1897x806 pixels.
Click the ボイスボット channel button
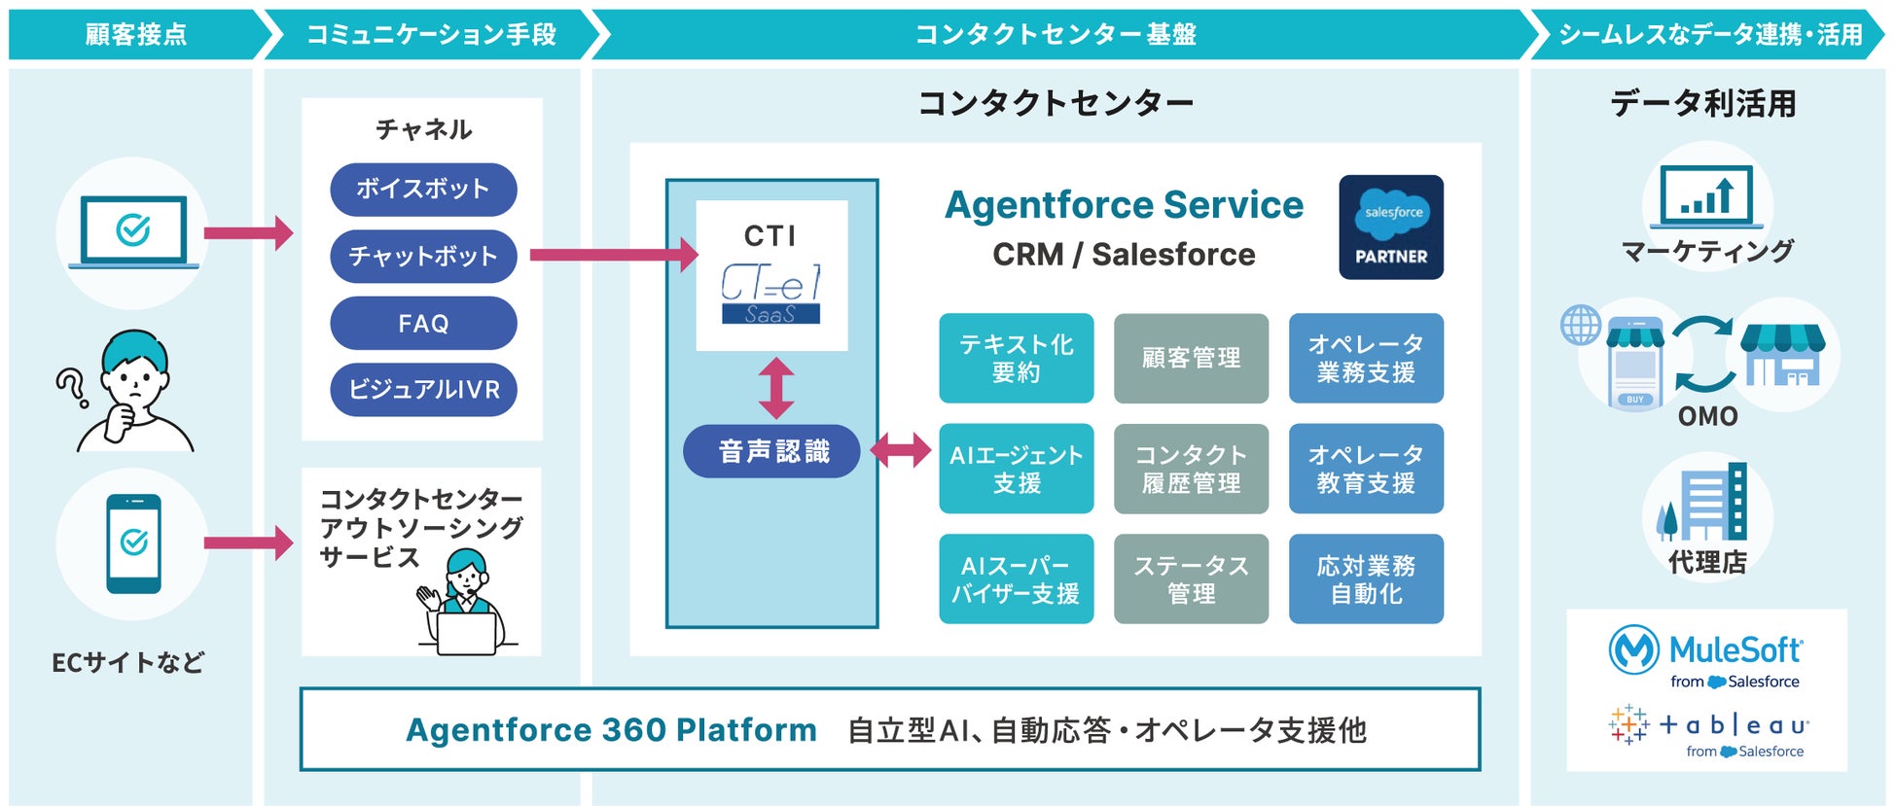click(x=423, y=190)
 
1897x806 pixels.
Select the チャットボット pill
click(x=423, y=256)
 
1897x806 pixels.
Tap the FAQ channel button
click(x=423, y=323)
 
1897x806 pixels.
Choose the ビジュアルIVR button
click(x=423, y=390)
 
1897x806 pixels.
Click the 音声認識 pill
click(x=772, y=451)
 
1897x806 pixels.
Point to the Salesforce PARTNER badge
click(x=1391, y=228)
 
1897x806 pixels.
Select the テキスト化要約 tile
click(x=1016, y=358)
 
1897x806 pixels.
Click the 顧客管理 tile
click(x=1191, y=358)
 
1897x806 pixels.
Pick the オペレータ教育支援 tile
click(x=1366, y=469)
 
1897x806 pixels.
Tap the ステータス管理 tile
click(x=1191, y=578)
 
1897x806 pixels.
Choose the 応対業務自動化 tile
click(x=1366, y=578)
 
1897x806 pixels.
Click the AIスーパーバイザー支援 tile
click(x=1016, y=578)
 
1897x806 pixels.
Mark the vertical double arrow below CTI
click(x=775, y=388)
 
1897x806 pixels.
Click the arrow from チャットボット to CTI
click(x=613, y=255)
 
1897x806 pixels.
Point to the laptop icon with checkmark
click(x=133, y=231)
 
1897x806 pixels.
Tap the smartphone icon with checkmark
click(x=133, y=543)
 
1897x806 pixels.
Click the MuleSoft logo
click(x=1706, y=656)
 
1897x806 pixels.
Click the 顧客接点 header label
click(x=136, y=35)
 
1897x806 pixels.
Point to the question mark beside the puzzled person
click(x=70, y=387)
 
